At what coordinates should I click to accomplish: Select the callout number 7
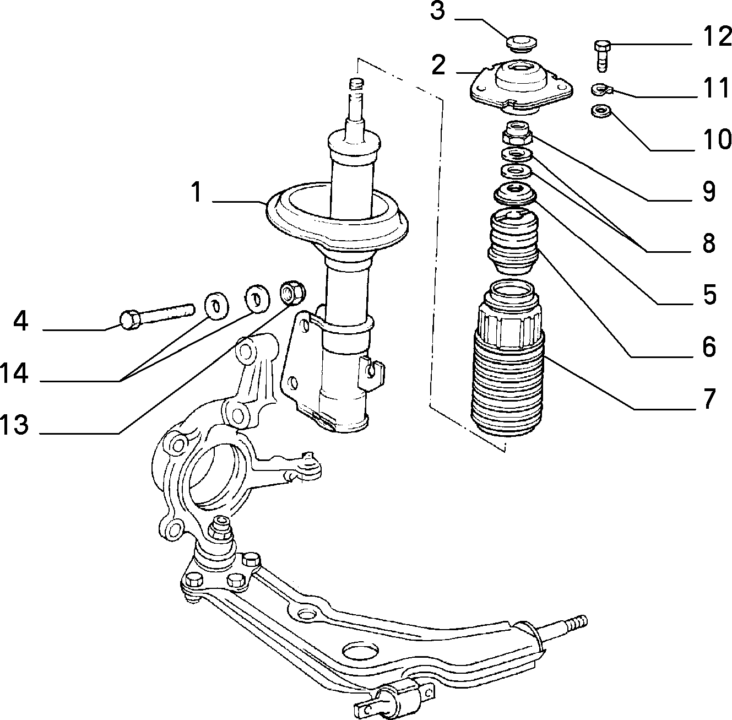(x=709, y=399)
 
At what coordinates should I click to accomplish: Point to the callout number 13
(x=14, y=424)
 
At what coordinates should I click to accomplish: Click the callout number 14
(x=14, y=373)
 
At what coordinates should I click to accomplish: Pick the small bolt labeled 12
(x=602, y=56)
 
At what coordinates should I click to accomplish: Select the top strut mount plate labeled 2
(x=521, y=88)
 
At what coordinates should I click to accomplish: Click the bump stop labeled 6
(x=513, y=242)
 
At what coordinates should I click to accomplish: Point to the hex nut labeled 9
(x=517, y=133)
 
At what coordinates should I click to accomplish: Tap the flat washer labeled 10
(x=600, y=111)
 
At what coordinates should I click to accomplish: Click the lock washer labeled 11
(x=601, y=89)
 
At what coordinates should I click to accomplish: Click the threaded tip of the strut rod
(x=357, y=84)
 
